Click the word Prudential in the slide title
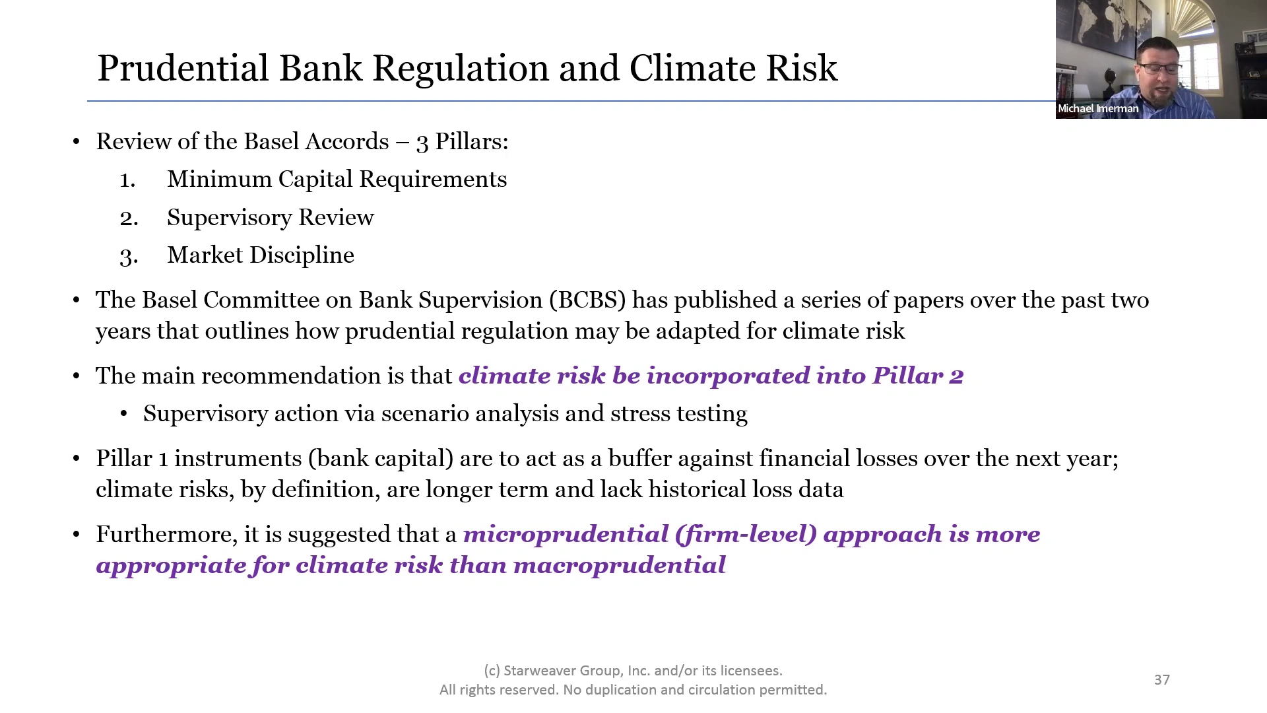pos(183,69)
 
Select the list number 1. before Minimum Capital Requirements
pos(127,180)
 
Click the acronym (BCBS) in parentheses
pos(587,300)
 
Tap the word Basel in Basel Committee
pos(170,300)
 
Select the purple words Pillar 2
pos(918,376)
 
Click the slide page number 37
pos(1162,680)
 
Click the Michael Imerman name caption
pos(1098,109)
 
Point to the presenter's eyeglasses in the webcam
pos(1161,68)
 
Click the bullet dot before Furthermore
pos(77,535)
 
